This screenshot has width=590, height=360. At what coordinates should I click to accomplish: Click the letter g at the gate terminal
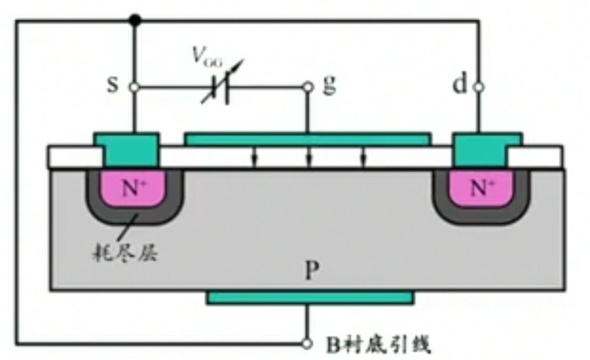tap(328, 86)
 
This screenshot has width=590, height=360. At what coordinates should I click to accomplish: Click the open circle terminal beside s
tap(134, 87)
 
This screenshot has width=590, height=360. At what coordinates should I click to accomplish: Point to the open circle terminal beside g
tap(308, 87)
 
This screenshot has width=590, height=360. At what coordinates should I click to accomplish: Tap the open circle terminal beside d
tap(478, 87)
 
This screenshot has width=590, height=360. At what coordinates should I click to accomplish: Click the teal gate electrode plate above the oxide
tap(308, 139)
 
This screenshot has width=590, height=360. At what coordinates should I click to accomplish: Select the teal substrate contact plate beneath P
tap(309, 297)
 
